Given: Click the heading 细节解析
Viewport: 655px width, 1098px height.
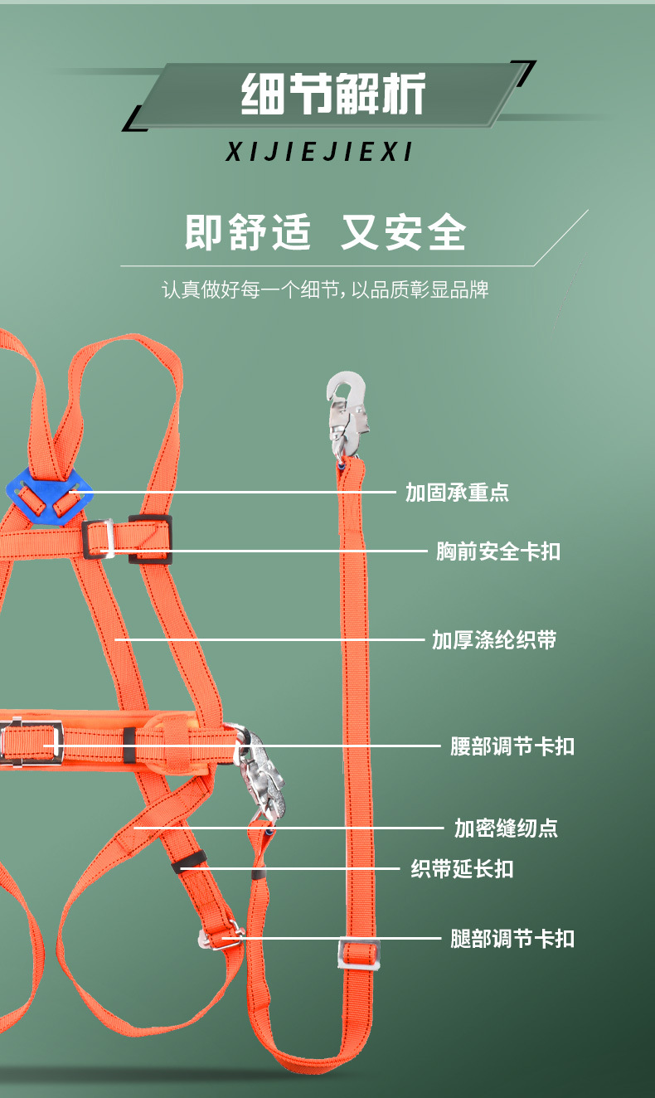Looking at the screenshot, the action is (333, 94).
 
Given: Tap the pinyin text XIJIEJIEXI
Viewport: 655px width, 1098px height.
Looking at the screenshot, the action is (319, 153).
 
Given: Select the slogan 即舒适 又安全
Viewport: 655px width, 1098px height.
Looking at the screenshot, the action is (325, 232).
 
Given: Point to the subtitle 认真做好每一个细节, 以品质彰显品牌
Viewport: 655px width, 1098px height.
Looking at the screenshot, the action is (325, 290).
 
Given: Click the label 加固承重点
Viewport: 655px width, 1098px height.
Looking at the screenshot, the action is (457, 493).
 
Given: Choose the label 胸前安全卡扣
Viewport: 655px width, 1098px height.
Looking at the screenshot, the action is (498, 551).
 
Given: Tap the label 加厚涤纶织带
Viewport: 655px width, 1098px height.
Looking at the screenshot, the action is (494, 640).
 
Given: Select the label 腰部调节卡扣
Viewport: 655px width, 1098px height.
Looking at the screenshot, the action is (512, 746).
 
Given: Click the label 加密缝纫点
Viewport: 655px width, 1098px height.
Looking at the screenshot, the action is (506, 828).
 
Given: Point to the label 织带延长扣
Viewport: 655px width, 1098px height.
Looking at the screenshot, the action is (463, 869).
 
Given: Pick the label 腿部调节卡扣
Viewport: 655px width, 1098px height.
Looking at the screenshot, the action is (512, 939).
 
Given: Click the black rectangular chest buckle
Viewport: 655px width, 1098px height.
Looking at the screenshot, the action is (150, 538).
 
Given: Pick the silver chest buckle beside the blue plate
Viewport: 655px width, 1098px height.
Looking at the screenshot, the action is (97, 539).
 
